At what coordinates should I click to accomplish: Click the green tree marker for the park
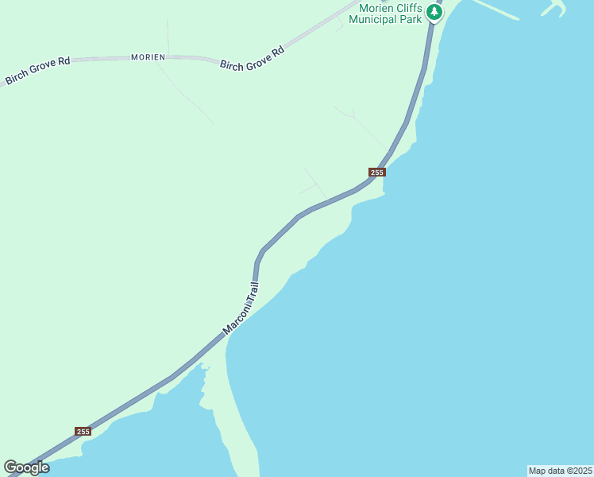tap(434, 12)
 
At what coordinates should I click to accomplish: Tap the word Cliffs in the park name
tap(406, 7)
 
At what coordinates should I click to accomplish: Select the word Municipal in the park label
tap(376, 19)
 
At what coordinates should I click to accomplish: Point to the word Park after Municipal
tap(410, 19)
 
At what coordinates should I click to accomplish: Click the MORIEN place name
tap(148, 57)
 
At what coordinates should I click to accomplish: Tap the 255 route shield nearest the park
tap(376, 173)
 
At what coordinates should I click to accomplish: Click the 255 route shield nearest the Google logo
tap(83, 431)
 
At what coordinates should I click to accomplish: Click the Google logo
tap(26, 467)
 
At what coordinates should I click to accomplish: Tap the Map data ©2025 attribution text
tap(560, 471)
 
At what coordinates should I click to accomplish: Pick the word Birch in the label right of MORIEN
tap(233, 64)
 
